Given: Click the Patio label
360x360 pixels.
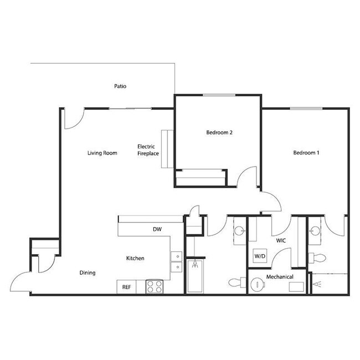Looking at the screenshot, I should [120, 86].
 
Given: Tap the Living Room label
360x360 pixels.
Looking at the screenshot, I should [102, 153].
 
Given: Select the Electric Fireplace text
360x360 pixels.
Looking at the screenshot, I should [148, 150].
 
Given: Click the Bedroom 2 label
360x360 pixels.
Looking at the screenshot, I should [219, 132].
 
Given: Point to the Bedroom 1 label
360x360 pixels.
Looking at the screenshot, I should [306, 153].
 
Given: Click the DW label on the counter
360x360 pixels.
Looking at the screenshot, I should [157, 229].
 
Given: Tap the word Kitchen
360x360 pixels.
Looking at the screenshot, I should [135, 259].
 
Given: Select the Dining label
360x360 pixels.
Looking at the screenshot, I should [87, 272].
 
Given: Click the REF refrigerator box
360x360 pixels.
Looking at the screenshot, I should [126, 287].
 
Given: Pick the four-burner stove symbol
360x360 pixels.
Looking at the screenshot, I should [153, 287].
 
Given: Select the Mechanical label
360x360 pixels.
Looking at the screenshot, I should [279, 276].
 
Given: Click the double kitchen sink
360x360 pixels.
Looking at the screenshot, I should [177, 261].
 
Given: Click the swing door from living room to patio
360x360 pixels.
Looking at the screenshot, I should [73, 117].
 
